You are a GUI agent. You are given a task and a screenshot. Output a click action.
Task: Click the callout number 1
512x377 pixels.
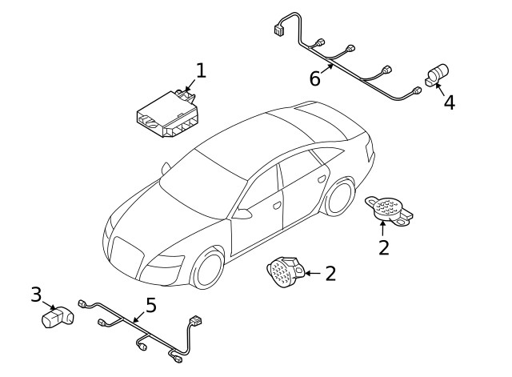pos(201,70)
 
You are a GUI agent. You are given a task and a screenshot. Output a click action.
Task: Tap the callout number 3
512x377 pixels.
pos(35,295)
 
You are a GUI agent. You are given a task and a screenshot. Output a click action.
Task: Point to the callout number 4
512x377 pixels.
pos(450,102)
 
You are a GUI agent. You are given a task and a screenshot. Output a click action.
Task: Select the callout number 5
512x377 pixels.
pos(150,305)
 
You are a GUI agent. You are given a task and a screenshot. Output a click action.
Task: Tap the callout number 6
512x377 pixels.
pos(315,78)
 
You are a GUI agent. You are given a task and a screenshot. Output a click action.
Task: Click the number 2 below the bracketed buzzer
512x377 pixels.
pos(383,247)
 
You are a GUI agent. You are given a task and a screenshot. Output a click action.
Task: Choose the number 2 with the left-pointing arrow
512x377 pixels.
pos(330,274)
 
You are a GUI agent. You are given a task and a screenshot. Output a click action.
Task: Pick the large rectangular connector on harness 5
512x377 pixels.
pos(194,323)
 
